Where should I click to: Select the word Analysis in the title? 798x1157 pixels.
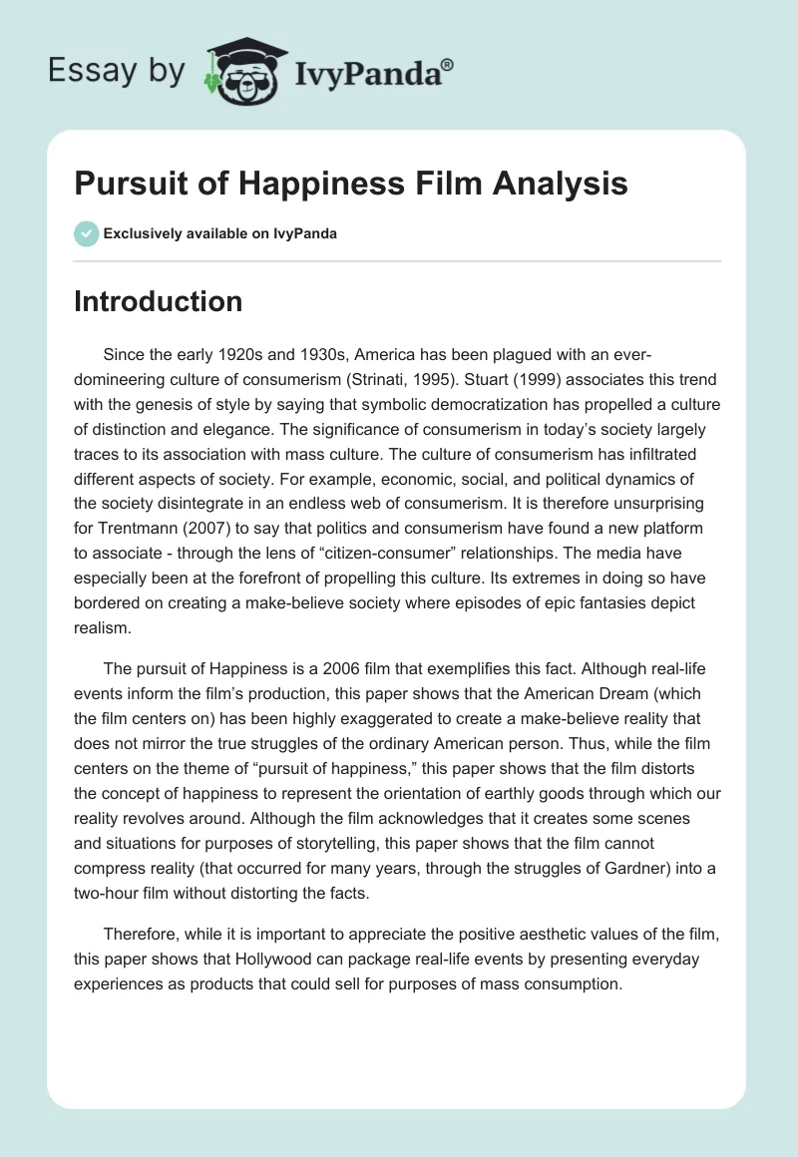(556, 185)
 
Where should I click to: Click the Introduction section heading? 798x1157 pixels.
(158, 302)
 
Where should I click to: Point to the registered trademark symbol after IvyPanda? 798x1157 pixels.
(448, 64)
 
